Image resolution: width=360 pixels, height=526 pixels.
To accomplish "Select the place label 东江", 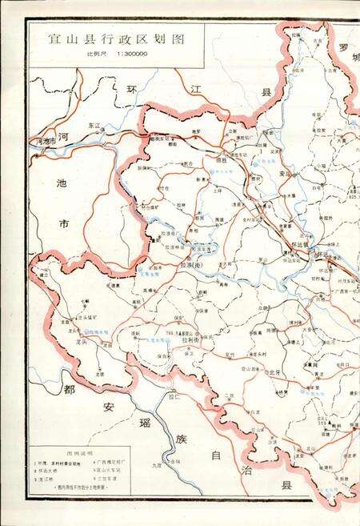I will (94, 125).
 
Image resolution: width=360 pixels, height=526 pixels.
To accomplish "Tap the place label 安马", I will (284, 171).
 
